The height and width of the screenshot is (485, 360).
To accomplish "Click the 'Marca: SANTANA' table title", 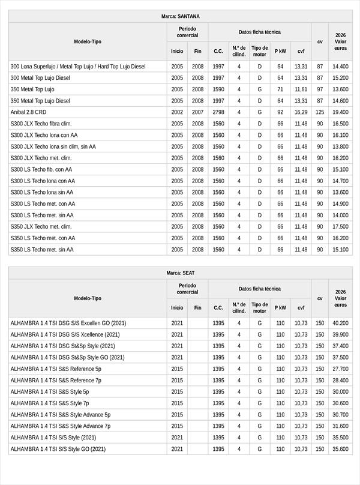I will point(181,16).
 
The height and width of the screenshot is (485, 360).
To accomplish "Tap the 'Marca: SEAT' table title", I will point(181,273).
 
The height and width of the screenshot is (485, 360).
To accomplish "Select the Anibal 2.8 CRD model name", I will point(28,112).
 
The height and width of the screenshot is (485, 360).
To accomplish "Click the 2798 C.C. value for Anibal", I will point(218,112).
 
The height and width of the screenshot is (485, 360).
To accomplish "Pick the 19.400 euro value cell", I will point(340,112).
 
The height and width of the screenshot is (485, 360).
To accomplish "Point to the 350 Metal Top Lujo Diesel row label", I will point(40,101).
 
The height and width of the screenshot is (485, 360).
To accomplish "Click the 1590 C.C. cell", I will point(218,89).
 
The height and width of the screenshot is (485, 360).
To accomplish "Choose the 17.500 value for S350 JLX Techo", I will point(340,227).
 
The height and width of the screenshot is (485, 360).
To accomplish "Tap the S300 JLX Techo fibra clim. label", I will point(45,124).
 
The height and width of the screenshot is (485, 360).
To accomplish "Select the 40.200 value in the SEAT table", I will point(340,323).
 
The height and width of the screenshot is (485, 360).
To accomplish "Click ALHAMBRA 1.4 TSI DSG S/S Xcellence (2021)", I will point(65,334).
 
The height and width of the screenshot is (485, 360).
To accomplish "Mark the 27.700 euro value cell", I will point(340,369).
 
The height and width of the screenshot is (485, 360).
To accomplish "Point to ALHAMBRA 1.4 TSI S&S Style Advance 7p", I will point(61,426).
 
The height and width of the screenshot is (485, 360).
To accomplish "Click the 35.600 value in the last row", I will point(340,449).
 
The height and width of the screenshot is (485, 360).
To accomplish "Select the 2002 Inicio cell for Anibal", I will point(177,112).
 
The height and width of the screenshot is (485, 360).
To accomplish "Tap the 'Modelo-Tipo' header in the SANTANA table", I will point(88,41).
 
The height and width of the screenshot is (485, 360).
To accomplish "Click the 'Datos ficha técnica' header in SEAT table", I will point(259,289).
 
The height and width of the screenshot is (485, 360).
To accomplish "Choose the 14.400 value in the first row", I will point(340,67).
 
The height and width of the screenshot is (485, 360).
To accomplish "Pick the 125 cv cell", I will point(320,112).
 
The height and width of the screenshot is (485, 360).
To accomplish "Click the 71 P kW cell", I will point(280,89).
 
